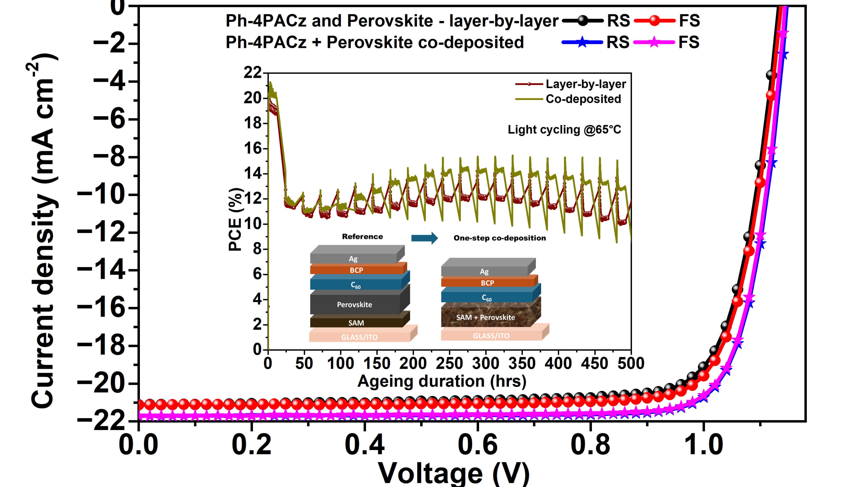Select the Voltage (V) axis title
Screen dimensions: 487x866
tap(454, 473)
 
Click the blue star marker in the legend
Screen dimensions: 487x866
tap(582, 42)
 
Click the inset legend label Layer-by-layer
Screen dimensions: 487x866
tap(586, 84)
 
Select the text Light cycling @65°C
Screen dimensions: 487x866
tap(564, 130)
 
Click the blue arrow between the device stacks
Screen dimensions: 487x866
tap(425, 238)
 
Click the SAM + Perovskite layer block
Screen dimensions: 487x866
tap(485, 317)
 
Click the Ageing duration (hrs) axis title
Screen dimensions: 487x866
tap(442, 381)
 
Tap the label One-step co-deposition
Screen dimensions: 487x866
tap(500, 238)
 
